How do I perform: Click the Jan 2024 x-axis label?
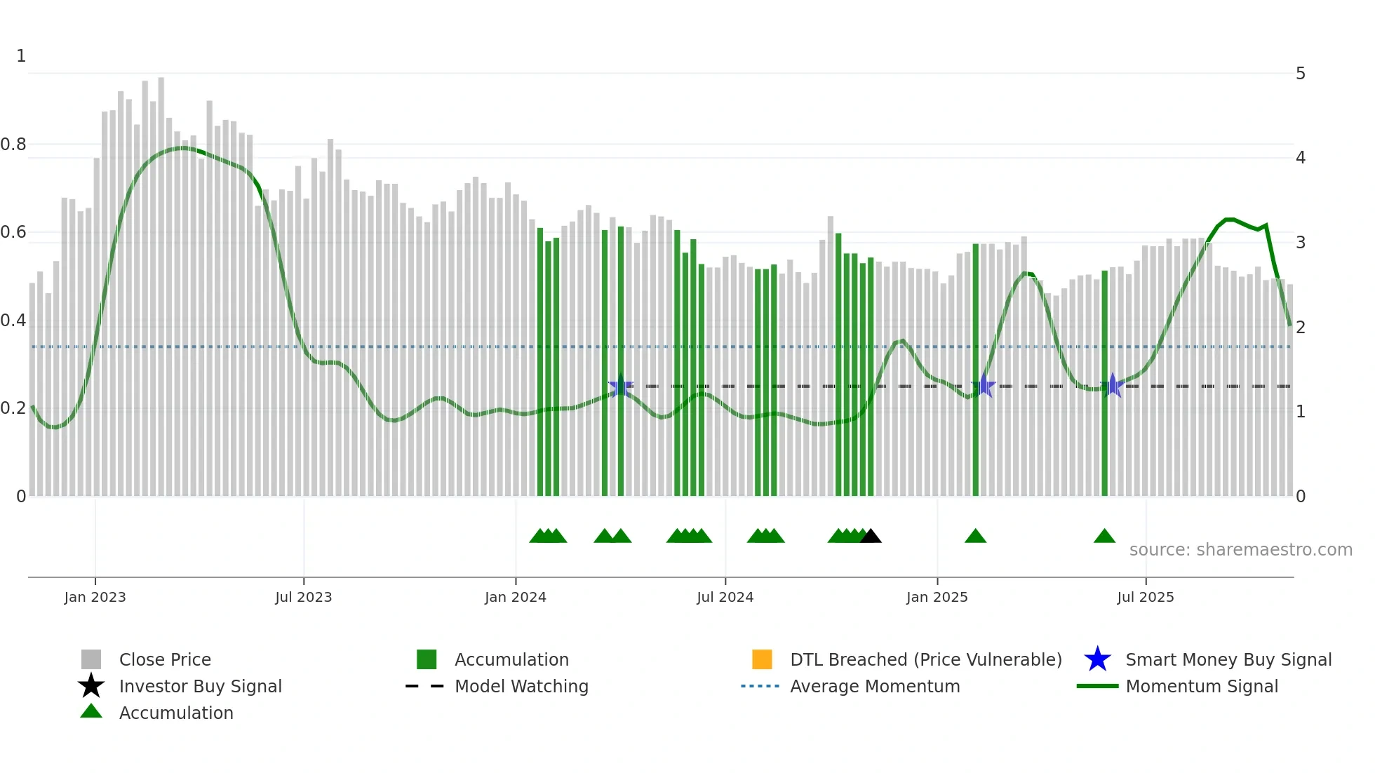(x=515, y=597)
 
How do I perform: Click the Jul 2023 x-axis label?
(x=303, y=597)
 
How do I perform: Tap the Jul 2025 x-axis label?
(x=1145, y=597)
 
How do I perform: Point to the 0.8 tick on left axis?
(x=13, y=144)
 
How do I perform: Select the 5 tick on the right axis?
(x=1301, y=74)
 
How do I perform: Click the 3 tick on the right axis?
(x=1301, y=243)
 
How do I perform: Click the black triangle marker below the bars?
(x=871, y=537)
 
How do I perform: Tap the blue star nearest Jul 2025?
(x=1113, y=386)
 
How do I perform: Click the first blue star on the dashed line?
(x=620, y=386)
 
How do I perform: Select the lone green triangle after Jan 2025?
(x=975, y=537)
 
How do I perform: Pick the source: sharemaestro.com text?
(x=1240, y=550)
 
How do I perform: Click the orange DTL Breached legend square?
(x=762, y=659)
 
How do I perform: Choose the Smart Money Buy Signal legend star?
(x=1097, y=659)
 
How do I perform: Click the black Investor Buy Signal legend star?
(x=91, y=686)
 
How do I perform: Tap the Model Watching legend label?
(x=521, y=686)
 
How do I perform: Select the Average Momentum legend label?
(x=875, y=686)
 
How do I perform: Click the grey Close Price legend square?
(x=91, y=659)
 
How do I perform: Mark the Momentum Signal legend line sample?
(x=1097, y=686)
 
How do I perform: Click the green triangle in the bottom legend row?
(x=91, y=711)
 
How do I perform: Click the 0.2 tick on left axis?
(x=13, y=408)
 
